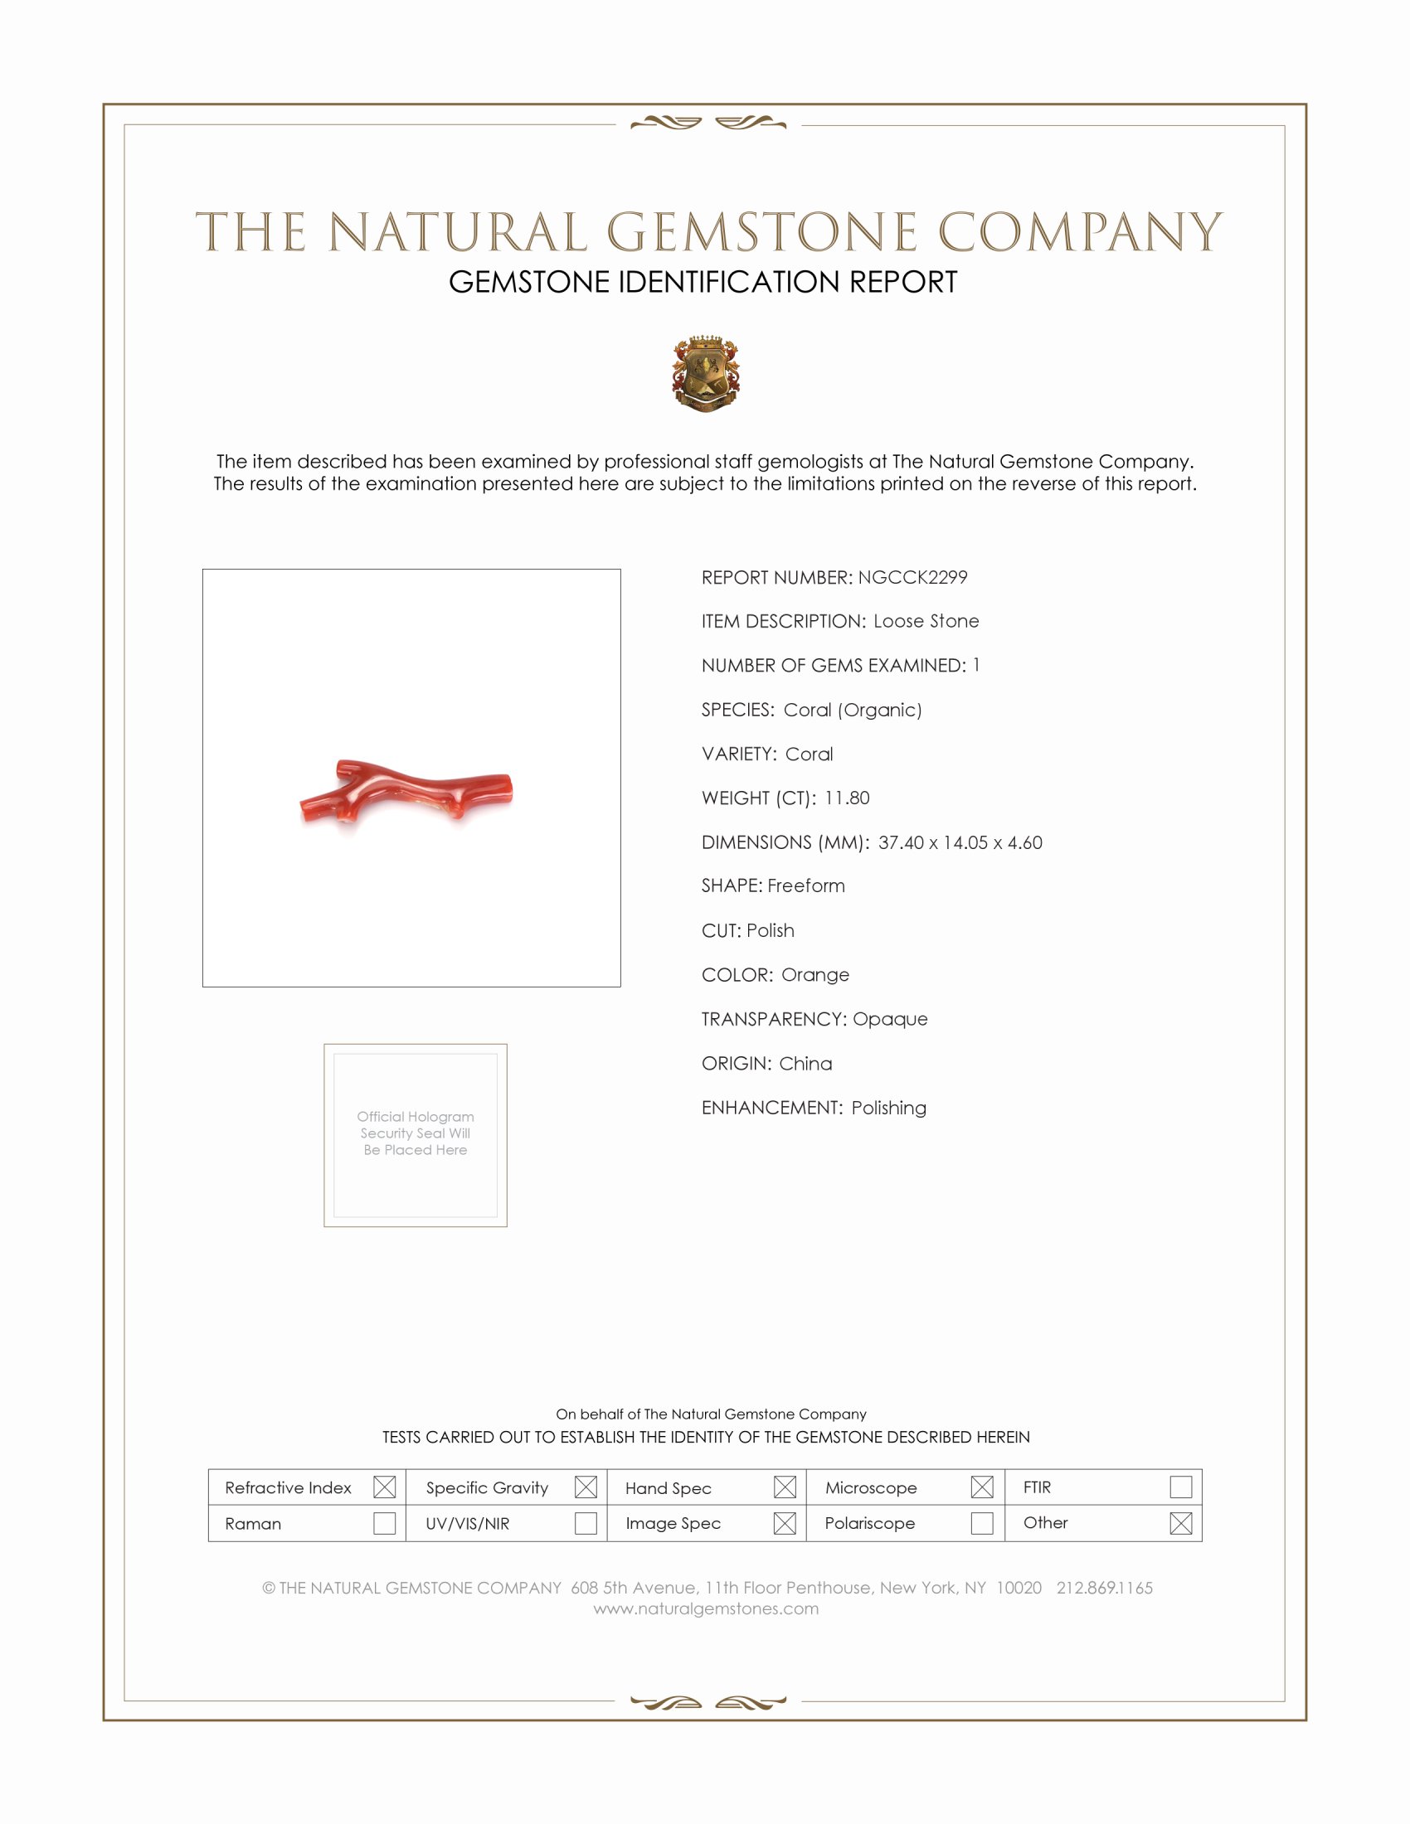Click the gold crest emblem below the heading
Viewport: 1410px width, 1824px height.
(706, 373)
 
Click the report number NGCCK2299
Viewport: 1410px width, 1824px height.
(912, 577)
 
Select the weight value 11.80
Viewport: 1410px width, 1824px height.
(846, 798)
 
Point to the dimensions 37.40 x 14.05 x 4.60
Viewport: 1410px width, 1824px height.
(960, 842)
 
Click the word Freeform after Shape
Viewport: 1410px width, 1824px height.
(806, 885)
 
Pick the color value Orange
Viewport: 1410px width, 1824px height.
(814, 975)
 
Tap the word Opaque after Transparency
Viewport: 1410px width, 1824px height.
(890, 1019)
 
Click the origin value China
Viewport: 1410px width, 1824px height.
(805, 1063)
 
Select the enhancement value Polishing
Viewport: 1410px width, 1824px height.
(889, 1108)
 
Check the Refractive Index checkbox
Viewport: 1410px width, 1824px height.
(384, 1487)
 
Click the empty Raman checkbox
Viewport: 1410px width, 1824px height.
(384, 1522)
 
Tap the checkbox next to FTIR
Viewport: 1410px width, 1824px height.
(1180, 1487)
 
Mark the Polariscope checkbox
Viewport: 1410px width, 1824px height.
(982, 1522)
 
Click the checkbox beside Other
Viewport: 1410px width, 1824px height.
(1180, 1522)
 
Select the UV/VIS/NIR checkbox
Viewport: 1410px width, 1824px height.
(586, 1522)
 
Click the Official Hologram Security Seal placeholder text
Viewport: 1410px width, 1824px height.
(416, 1133)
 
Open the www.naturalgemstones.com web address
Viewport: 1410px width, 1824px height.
(706, 1608)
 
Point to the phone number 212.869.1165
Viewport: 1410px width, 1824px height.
(1104, 1588)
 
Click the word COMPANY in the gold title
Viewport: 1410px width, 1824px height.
(1079, 232)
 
